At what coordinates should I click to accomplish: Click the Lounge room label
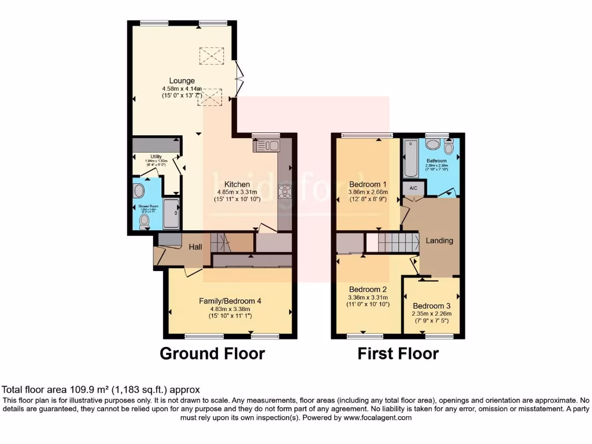(182, 80)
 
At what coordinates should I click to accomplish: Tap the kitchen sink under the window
(266, 145)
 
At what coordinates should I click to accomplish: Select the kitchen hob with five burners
(284, 191)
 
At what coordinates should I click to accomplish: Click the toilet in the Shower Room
(144, 220)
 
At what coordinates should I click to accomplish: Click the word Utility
(156, 156)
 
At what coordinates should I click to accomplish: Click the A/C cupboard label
(413, 188)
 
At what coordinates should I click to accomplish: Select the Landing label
(439, 240)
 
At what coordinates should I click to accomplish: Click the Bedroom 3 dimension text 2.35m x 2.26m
(432, 314)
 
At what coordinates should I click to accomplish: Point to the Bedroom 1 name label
(368, 184)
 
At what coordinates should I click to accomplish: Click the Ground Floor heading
(212, 353)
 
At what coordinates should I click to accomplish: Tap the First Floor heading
(398, 353)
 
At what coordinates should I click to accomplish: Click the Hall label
(195, 247)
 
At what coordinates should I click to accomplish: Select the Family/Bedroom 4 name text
(230, 301)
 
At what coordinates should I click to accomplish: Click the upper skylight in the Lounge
(211, 55)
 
